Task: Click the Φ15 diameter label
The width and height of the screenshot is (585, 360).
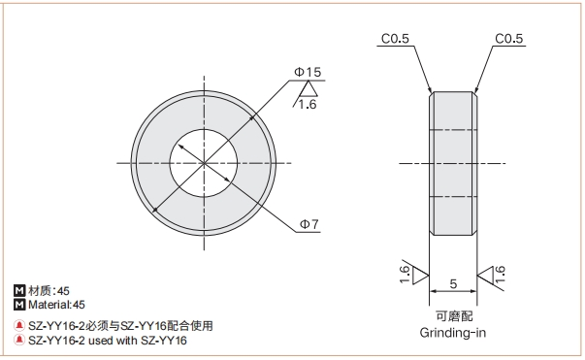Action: tap(308, 72)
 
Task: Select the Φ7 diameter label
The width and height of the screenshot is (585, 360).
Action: tap(309, 224)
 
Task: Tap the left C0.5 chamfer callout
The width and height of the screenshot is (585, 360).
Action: tap(395, 39)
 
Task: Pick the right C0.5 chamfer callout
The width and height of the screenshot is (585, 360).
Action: tap(509, 39)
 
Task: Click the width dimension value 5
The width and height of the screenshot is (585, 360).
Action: tap(453, 284)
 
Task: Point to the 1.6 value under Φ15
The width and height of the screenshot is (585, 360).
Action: tap(307, 105)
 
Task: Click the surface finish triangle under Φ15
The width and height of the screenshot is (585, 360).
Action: tap(309, 89)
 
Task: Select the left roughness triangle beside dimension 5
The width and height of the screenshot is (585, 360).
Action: tap(421, 276)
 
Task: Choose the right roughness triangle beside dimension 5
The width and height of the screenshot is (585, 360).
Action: tap(485, 276)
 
